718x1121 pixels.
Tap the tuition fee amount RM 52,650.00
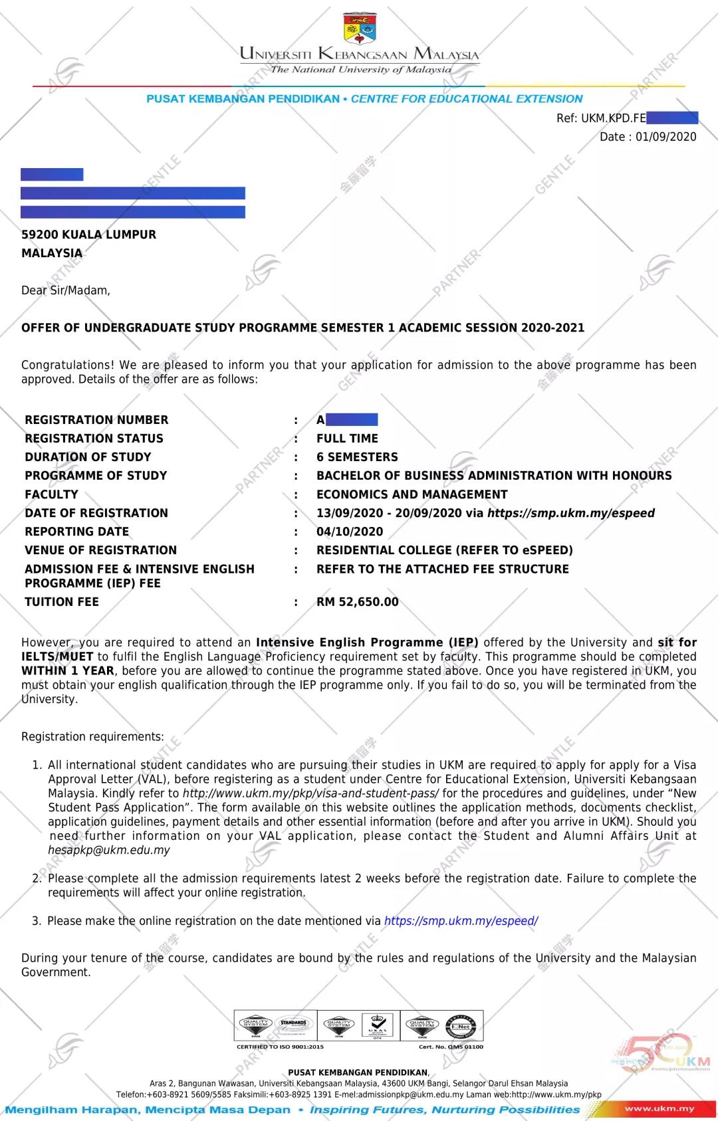pos(358,602)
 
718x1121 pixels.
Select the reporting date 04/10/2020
pos(350,532)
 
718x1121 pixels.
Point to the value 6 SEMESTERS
pos(357,457)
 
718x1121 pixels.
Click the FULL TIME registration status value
pos(347,439)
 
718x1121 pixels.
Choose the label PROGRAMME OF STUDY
pos(96,476)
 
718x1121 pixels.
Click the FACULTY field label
pos(51,494)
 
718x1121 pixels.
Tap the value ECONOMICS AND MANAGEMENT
pos(412,494)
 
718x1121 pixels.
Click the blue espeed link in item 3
pos(461,921)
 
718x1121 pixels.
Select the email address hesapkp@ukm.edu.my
pos(109,850)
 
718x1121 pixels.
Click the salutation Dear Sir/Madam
pos(66,290)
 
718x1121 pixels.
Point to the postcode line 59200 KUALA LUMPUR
pos(88,235)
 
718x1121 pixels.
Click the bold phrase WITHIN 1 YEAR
pos(68,670)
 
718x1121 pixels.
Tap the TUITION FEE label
pos(62,602)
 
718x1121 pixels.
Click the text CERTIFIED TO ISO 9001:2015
pos(280,1047)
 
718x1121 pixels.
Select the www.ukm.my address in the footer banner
pos(659,1108)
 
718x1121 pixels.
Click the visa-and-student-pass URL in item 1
pos(310,793)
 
